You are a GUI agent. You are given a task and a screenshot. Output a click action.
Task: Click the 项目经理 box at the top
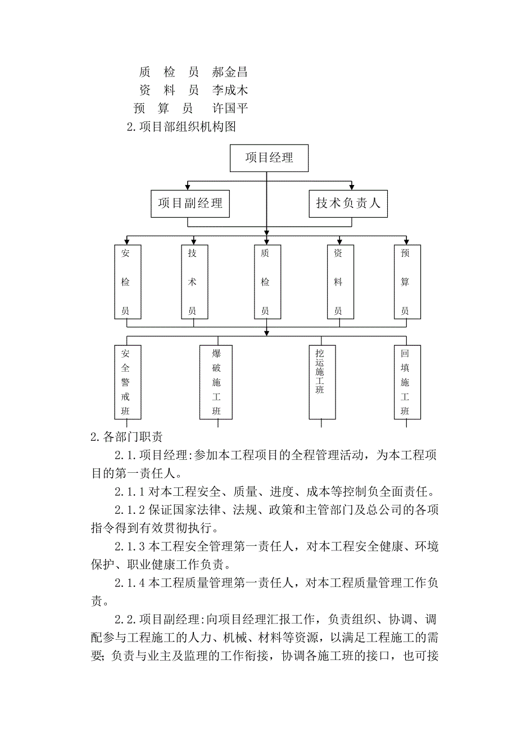[x=269, y=158]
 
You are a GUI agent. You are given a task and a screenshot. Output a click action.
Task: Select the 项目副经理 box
[x=191, y=204]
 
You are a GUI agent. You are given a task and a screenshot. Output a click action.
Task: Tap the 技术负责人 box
[x=348, y=204]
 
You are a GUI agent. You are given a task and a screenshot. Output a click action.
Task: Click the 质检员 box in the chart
[x=265, y=282]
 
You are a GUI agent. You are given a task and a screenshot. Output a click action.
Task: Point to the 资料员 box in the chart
[x=338, y=282]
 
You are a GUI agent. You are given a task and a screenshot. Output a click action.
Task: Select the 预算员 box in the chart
[x=405, y=282]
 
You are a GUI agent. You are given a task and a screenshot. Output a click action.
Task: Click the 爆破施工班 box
[x=216, y=382]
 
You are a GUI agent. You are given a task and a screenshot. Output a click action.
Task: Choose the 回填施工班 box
[x=405, y=382]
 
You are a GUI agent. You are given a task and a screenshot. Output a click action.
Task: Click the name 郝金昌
[x=230, y=72]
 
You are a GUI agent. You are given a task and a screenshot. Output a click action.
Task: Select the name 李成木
[x=230, y=90]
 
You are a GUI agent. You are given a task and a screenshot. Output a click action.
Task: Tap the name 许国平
[x=230, y=108]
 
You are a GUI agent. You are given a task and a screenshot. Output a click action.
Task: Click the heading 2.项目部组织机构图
[x=182, y=126]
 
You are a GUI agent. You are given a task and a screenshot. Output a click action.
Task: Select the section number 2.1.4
[x=130, y=583]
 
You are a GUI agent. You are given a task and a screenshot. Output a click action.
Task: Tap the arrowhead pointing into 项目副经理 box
[x=188, y=187]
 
